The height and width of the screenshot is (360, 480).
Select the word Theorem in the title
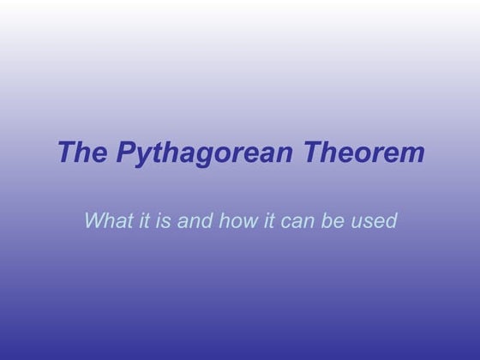(x=369, y=153)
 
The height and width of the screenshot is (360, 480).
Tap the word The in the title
(x=81, y=153)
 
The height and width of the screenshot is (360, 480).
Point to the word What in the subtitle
(x=106, y=220)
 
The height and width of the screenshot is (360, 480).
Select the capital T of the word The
(x=66, y=153)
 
